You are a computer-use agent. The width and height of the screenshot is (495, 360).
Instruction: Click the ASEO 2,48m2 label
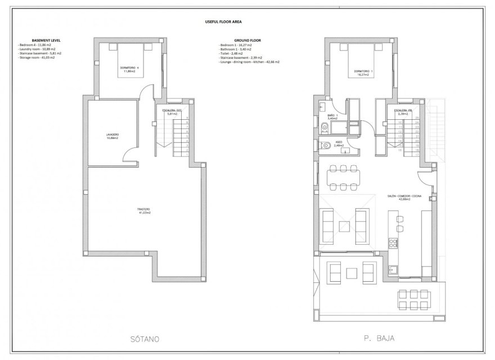point(339,143)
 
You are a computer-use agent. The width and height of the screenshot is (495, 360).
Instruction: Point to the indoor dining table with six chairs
point(343,177)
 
